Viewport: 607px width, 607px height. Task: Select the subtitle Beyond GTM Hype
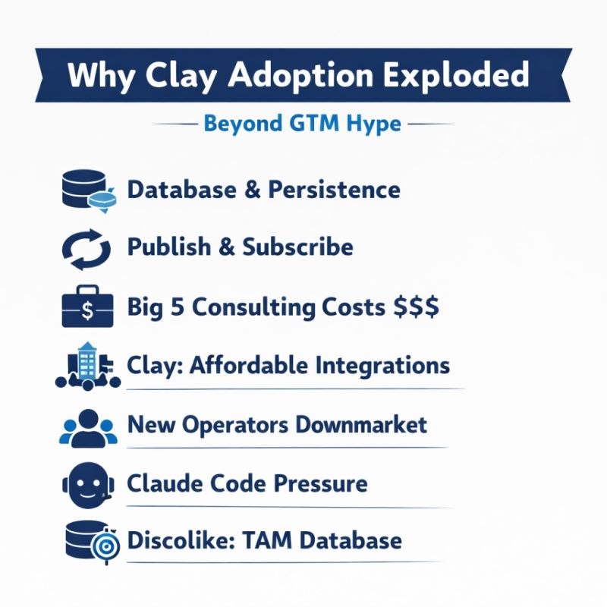point(302,124)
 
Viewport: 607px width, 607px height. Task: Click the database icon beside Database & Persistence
point(83,190)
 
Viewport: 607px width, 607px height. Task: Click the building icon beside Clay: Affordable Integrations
point(87,366)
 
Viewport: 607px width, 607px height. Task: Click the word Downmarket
point(361,424)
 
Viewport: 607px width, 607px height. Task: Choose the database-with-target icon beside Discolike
point(85,542)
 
